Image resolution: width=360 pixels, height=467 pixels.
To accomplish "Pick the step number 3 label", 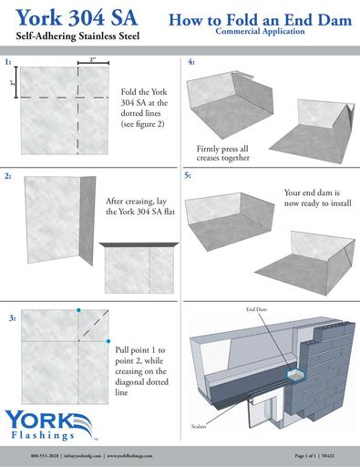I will (11, 317).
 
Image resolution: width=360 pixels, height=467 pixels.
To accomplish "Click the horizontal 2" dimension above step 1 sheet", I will (92, 59).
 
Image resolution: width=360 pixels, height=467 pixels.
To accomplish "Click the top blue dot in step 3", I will (79, 311).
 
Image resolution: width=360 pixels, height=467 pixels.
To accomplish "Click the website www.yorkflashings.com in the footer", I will (140, 454).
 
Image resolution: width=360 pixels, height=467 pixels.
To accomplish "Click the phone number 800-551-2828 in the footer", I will (46, 454).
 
